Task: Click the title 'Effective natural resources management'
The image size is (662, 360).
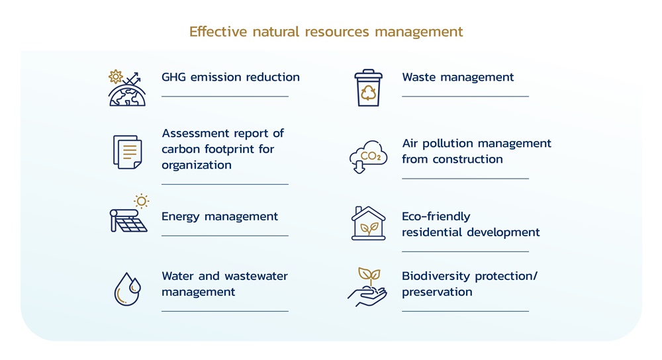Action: pyautogui.click(x=326, y=32)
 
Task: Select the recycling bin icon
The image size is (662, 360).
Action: pyautogui.click(x=368, y=88)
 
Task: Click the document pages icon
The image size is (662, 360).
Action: pyautogui.click(x=128, y=152)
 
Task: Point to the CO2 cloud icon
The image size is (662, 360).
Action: pyautogui.click(x=368, y=157)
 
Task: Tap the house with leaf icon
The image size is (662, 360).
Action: pyautogui.click(x=368, y=223)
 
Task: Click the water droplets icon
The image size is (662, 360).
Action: pyautogui.click(x=127, y=289)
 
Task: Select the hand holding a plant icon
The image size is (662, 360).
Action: pyautogui.click(x=367, y=287)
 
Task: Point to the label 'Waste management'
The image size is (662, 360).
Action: pyautogui.click(x=457, y=77)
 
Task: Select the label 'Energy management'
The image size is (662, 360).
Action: pyautogui.click(x=220, y=217)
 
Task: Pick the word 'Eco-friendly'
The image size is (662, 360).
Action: pyautogui.click(x=436, y=217)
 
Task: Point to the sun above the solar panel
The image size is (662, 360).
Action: pyautogui.click(x=142, y=201)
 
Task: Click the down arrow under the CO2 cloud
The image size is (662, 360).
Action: pyautogui.click(x=359, y=167)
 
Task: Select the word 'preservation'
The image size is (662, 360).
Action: pyautogui.click(x=437, y=292)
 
